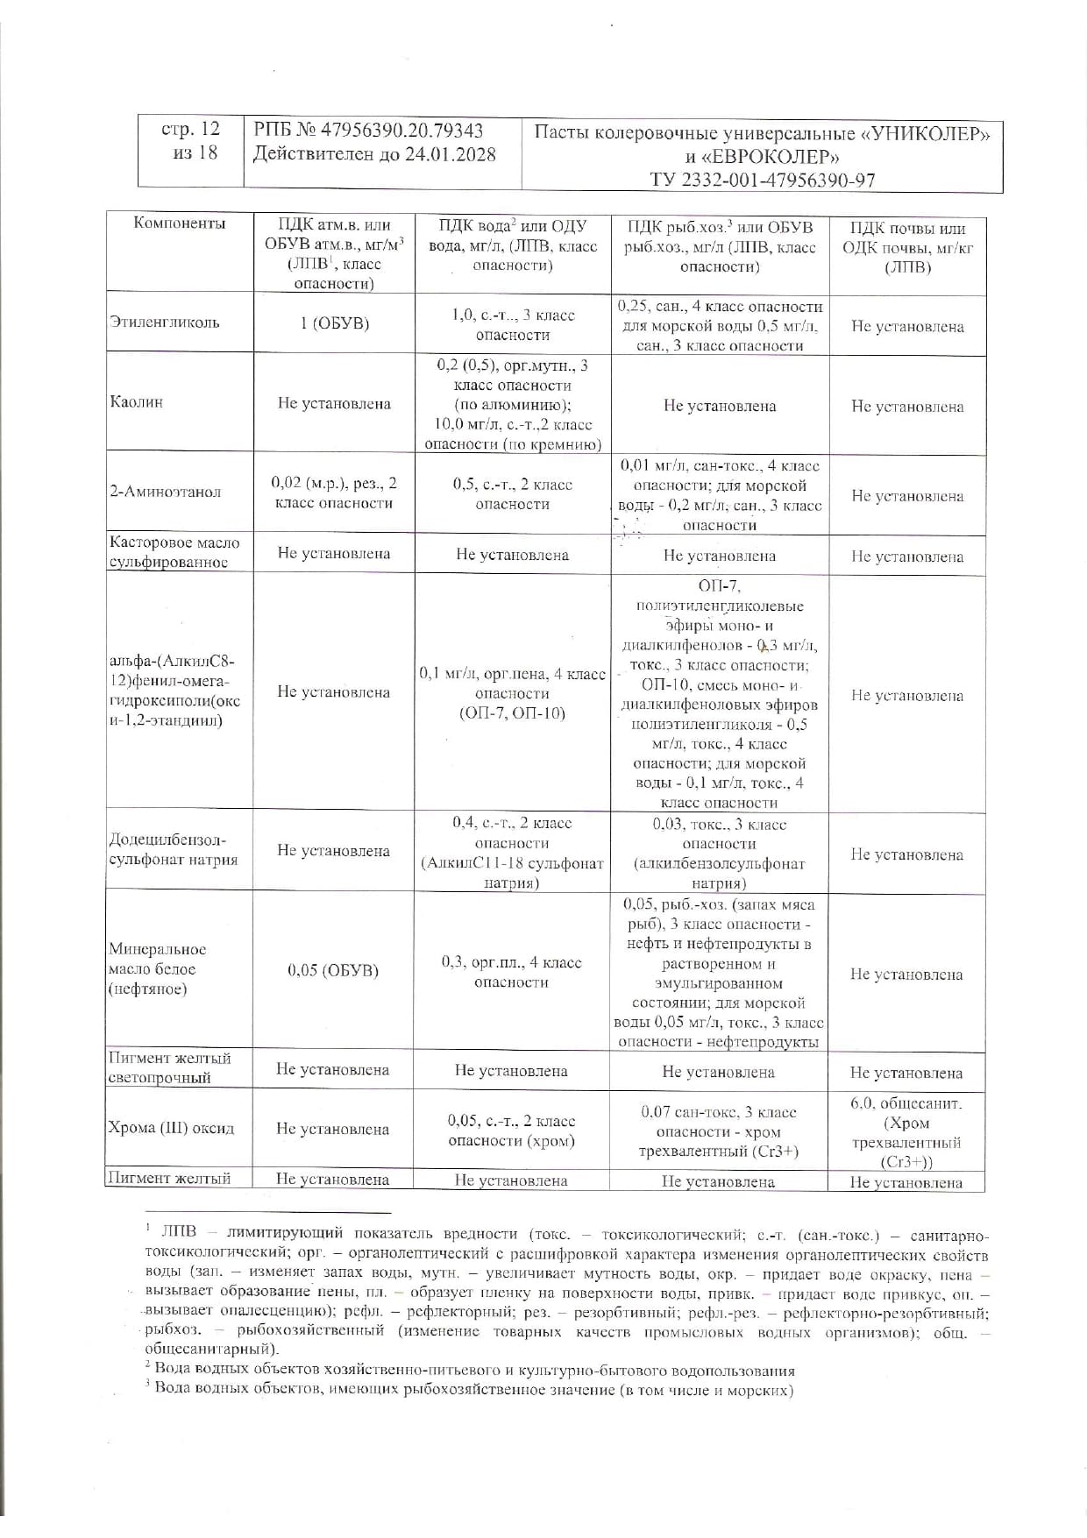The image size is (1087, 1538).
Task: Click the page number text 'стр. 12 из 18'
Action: click(190, 140)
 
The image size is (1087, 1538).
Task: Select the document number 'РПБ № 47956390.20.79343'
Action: click(368, 131)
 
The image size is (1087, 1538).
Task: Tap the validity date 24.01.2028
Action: click(450, 154)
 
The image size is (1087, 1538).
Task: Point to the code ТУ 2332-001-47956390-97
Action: click(762, 181)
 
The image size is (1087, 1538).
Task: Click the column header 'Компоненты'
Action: click(180, 223)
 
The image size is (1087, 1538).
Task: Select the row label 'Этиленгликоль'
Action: click(165, 322)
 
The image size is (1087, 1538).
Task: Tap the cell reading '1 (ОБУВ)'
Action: click(333, 322)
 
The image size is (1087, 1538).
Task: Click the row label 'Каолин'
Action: click(137, 402)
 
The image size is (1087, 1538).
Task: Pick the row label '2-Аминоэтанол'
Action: click(166, 492)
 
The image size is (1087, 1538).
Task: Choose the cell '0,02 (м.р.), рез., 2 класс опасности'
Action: click(333, 493)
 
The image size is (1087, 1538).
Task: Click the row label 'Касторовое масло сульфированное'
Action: click(174, 552)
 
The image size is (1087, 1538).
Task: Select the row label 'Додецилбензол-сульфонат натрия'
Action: click(173, 849)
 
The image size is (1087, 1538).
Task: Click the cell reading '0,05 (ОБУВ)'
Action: click(333, 970)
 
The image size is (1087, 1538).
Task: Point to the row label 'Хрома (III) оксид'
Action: click(172, 1128)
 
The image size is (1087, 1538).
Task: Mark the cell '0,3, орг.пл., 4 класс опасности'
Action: click(511, 972)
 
